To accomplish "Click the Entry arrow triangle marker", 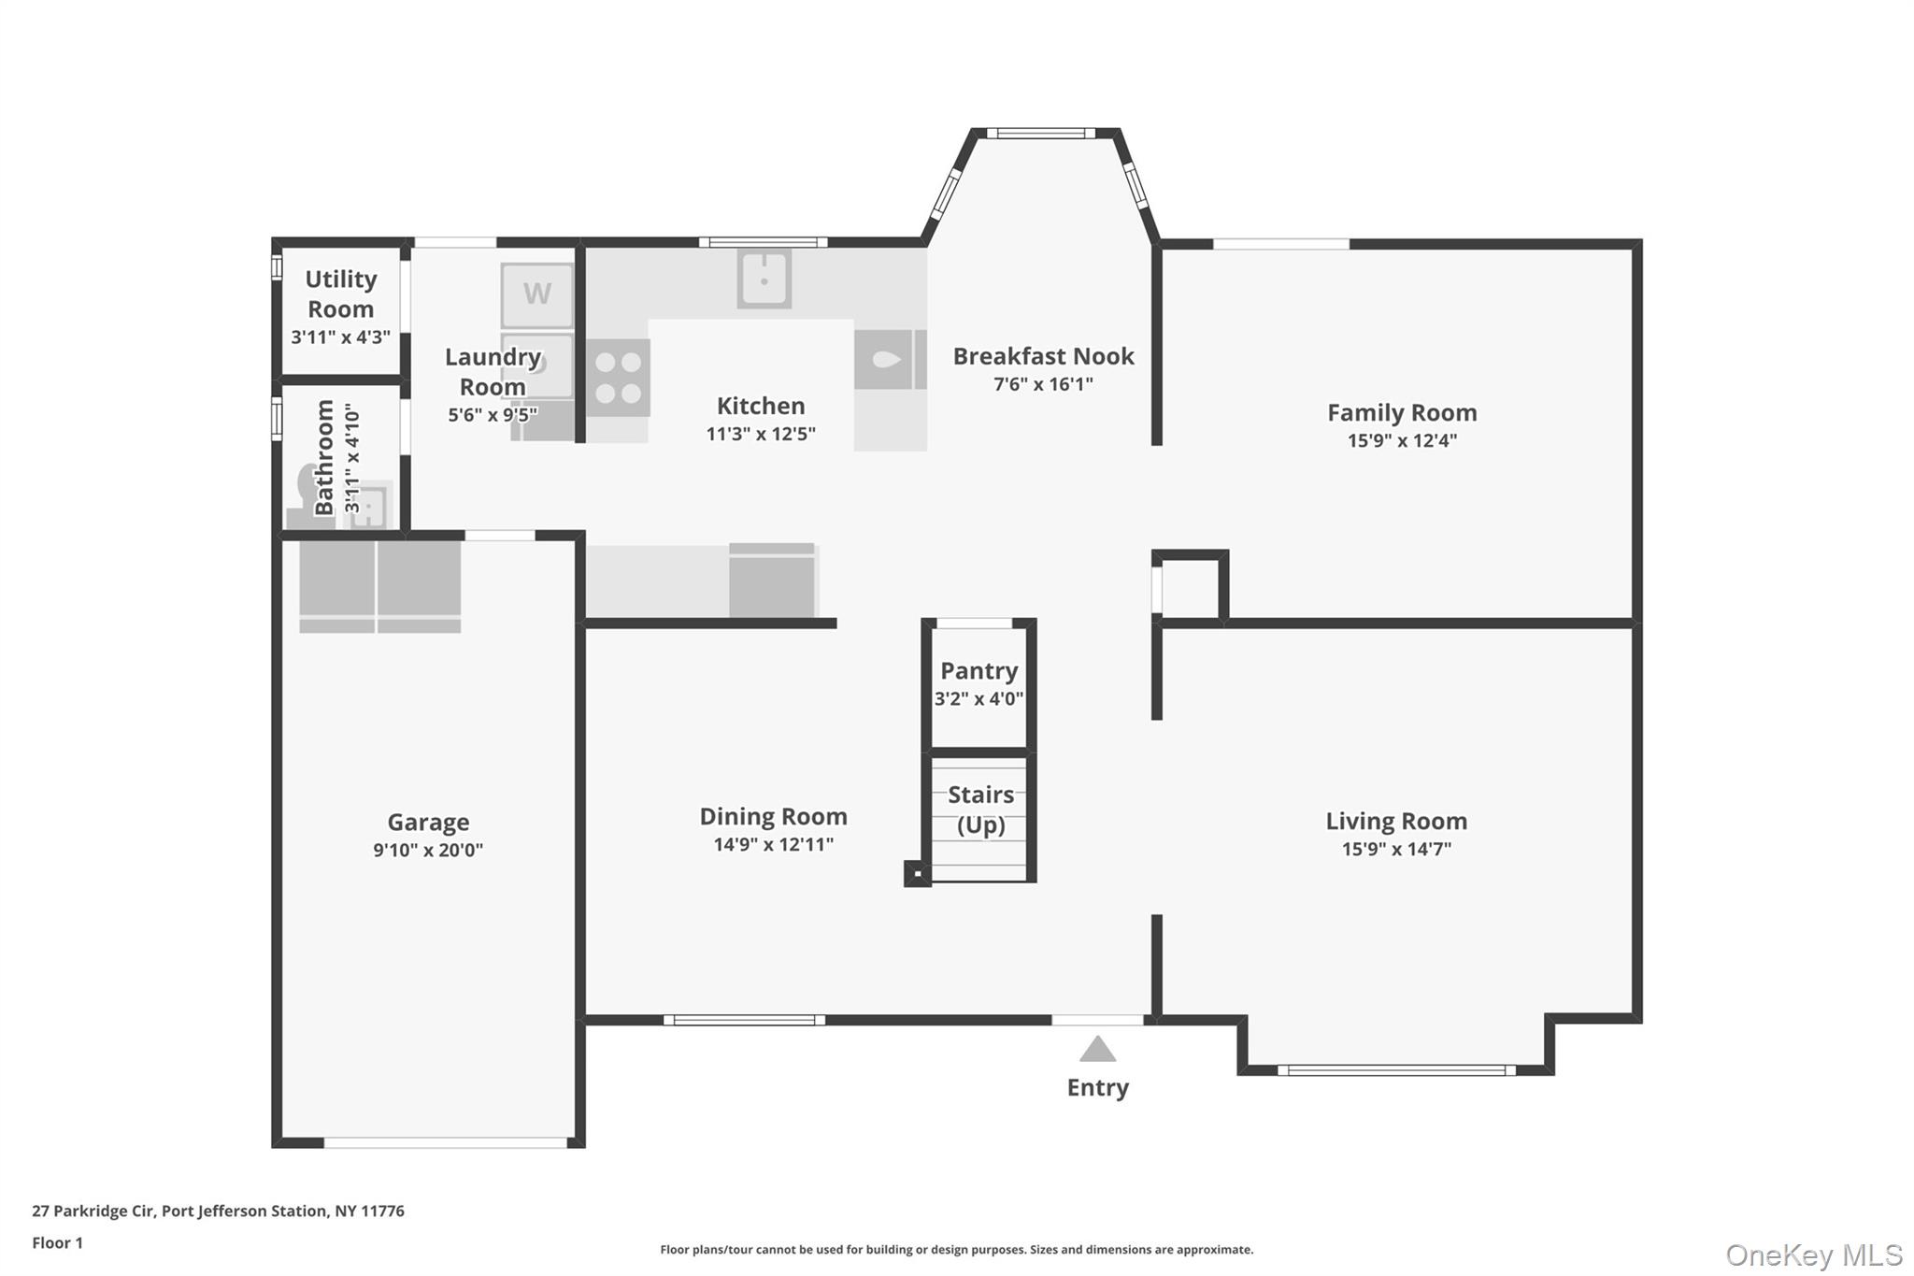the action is coord(1097,1049).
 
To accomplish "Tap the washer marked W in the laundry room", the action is coord(536,294).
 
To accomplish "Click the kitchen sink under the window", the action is coord(764,278).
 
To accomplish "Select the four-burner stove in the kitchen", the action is coord(618,378).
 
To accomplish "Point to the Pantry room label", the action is coord(978,670).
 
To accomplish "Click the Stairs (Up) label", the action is coord(980,810).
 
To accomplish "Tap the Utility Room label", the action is coord(340,294).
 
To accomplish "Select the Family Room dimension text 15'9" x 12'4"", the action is coord(1402,440).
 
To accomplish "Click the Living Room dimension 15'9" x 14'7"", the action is coord(1396,849).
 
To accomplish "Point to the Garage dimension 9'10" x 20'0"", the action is coord(428,850).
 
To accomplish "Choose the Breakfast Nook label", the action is coord(1043,356).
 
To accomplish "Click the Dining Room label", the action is coord(773,816).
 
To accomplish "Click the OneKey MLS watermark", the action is coord(1814,1254).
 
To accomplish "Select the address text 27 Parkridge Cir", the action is coord(93,1211).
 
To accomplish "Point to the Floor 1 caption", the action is coord(57,1242).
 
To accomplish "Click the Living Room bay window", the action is coord(1396,1070).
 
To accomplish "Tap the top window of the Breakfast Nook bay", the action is coord(1040,134).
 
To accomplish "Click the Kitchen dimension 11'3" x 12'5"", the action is coord(761,434).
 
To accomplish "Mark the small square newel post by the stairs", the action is coord(917,874).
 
